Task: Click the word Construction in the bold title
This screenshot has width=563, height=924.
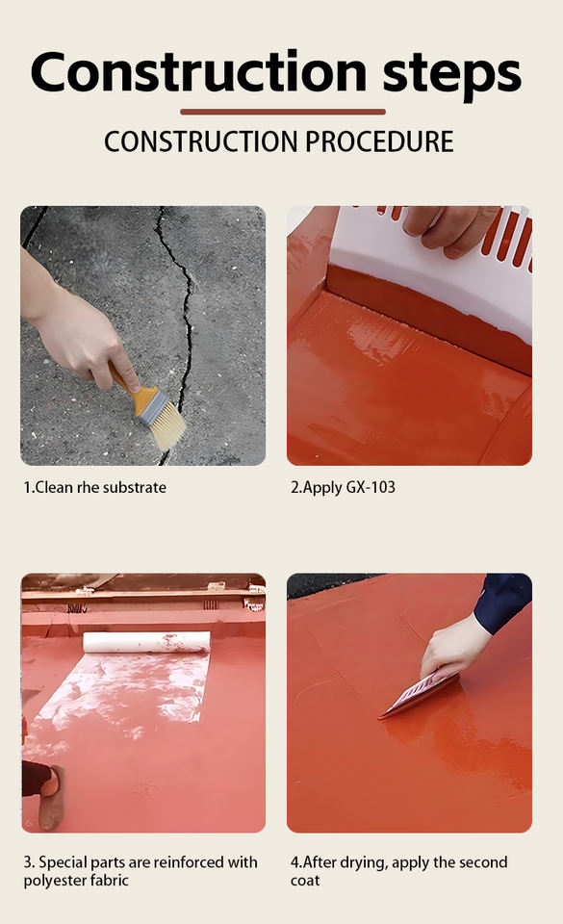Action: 199,72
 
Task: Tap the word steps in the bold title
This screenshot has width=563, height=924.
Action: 452,75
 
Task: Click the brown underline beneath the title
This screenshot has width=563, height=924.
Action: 283,112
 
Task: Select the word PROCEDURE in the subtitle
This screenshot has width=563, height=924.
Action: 379,141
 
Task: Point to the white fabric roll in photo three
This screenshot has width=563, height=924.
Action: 146,642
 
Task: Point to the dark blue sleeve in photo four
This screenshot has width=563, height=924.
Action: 503,601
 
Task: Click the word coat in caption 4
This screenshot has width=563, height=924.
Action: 305,881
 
